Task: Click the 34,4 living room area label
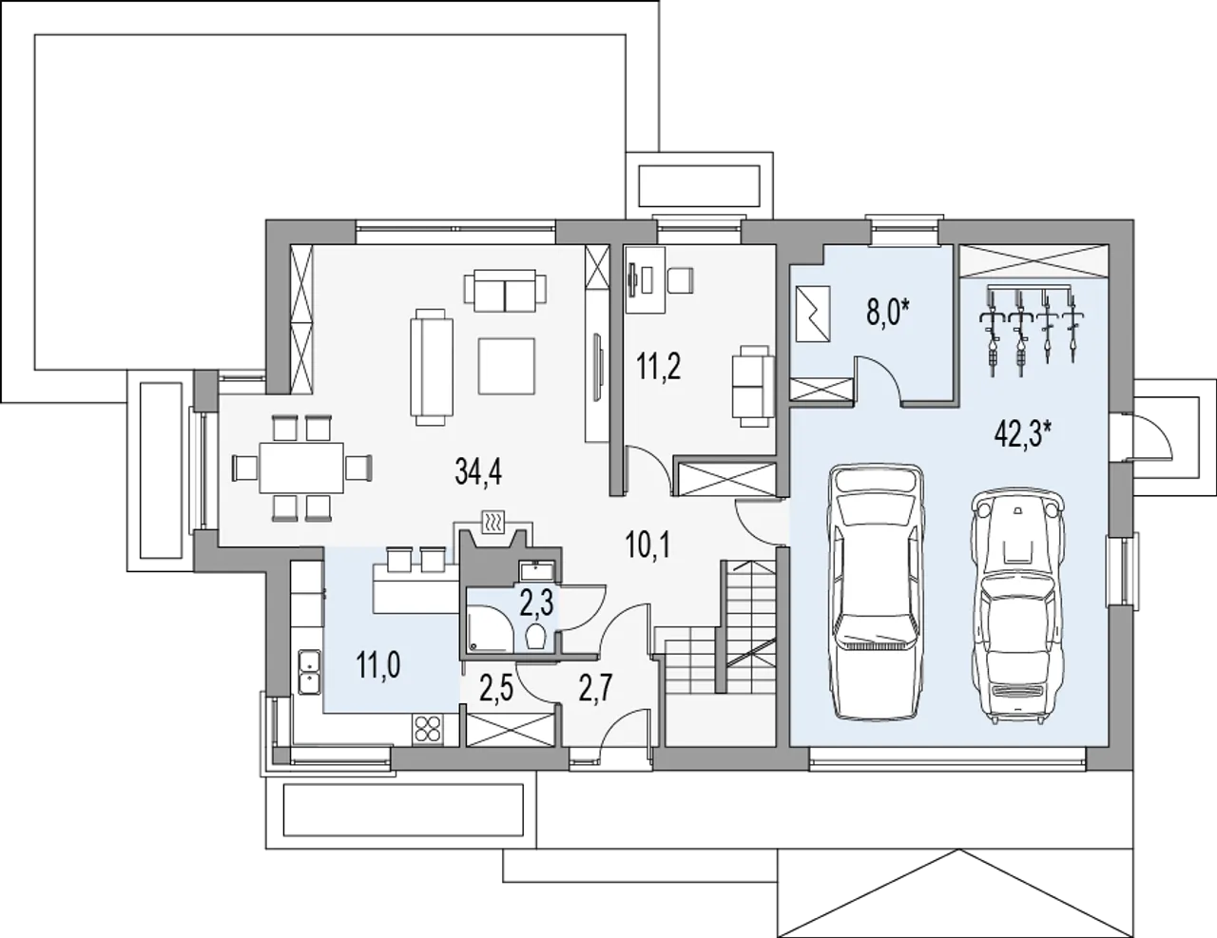[x=478, y=471]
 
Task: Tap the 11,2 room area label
[x=658, y=367]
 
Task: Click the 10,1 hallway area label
[x=648, y=546]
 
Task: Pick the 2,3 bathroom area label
[x=537, y=603]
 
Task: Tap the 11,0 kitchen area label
[x=378, y=666]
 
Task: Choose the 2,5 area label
[x=496, y=690]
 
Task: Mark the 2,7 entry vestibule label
[x=595, y=689]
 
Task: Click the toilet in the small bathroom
[x=537, y=638]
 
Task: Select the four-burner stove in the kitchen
[x=428, y=729]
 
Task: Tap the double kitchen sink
[x=310, y=671]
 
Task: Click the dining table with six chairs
[x=301, y=468]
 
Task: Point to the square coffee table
[x=506, y=366]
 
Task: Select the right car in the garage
[x=1017, y=608]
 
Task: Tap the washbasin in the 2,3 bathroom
[x=536, y=572]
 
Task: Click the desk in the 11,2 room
[x=646, y=279]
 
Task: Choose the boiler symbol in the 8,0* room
[x=812, y=314]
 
